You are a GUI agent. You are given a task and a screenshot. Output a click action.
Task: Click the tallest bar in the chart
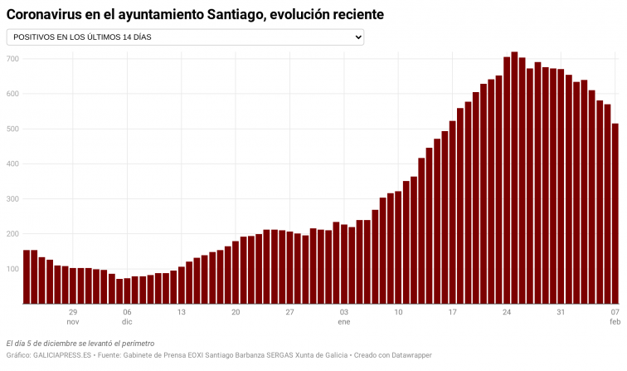point(514,178)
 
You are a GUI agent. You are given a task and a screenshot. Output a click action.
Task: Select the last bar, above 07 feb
point(615,214)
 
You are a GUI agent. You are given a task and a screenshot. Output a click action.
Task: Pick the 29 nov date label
point(73,316)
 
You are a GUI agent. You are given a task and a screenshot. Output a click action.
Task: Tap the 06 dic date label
point(127,316)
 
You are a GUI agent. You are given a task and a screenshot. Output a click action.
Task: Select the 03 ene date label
point(343,316)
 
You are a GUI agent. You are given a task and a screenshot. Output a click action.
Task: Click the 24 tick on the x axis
point(506,312)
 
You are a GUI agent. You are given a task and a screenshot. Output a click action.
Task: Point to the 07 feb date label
point(615,316)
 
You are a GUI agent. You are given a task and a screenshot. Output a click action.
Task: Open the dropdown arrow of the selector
point(358,37)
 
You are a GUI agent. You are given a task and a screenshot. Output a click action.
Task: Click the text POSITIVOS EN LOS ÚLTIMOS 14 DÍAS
point(82,37)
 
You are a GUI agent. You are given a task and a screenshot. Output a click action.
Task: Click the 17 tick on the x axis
point(452,312)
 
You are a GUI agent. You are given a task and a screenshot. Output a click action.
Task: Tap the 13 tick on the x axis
point(181,312)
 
